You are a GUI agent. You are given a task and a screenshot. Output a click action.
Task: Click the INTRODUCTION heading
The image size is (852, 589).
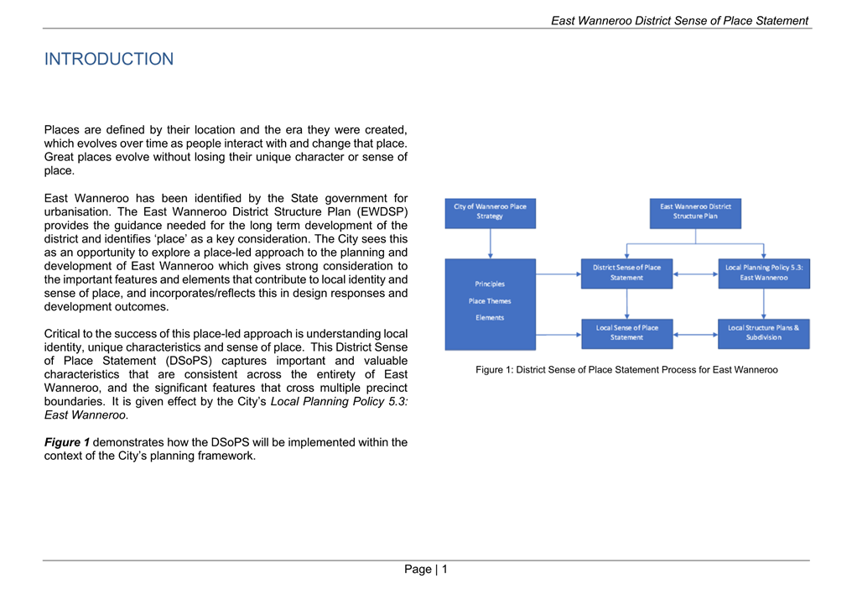point(109,60)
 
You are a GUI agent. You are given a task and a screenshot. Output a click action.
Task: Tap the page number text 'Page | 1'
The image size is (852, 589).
point(426,570)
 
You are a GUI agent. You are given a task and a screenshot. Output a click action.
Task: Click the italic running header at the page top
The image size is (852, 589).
point(679,21)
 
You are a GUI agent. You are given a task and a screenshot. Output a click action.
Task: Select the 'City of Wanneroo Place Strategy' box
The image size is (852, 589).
point(491,212)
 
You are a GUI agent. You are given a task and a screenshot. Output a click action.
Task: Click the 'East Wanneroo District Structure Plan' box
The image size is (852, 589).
point(695,212)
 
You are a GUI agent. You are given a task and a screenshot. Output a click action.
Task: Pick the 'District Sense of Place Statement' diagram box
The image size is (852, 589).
point(626,273)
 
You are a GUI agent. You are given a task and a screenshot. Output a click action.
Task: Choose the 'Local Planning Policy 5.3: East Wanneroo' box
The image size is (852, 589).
point(763,273)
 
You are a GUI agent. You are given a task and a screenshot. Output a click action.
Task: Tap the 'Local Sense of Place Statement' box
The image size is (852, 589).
point(626,333)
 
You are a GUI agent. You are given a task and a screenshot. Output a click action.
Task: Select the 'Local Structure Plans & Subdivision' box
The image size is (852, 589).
point(763,333)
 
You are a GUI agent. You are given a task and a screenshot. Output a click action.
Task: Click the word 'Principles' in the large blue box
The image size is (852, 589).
point(490,284)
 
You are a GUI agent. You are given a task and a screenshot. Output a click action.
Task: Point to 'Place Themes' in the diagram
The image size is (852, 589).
point(490,301)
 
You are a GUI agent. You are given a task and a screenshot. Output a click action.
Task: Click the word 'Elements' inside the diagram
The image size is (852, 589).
point(490,318)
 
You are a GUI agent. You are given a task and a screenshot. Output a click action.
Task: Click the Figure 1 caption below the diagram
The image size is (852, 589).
point(626,370)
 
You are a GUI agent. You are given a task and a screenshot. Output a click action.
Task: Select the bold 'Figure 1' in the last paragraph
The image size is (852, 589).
point(67,442)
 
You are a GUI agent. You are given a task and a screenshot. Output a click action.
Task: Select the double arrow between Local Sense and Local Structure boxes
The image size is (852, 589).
point(695,334)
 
